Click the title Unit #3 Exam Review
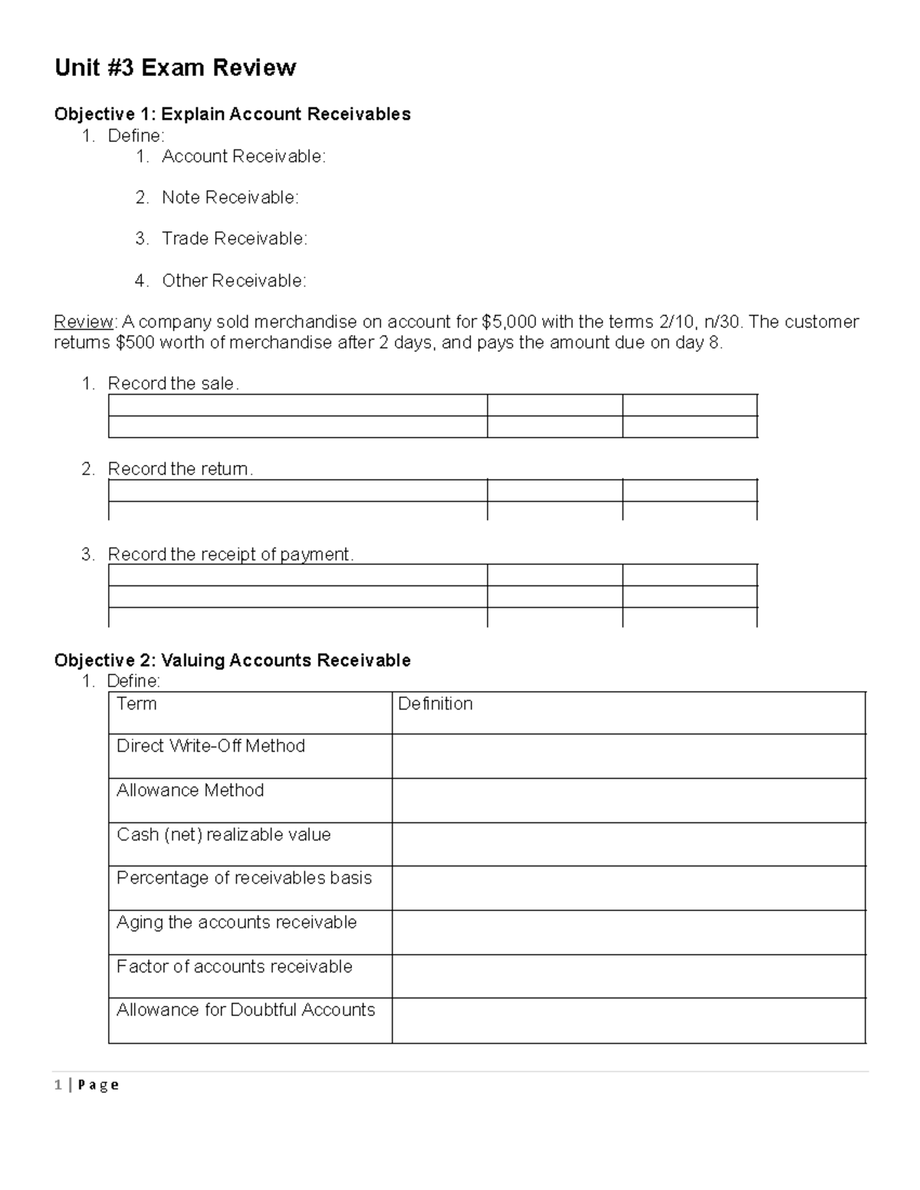175,68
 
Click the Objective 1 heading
232,114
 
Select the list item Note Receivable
229,198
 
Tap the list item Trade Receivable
234,239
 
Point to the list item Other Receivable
233,281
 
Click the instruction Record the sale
173,384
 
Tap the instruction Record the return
179,469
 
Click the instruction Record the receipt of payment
230,554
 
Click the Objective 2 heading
232,661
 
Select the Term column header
136,704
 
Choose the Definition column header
435,704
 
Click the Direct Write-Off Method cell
211,746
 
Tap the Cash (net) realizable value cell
224,835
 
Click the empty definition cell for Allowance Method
628,801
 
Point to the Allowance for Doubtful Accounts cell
245,1011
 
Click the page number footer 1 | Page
87,1085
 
